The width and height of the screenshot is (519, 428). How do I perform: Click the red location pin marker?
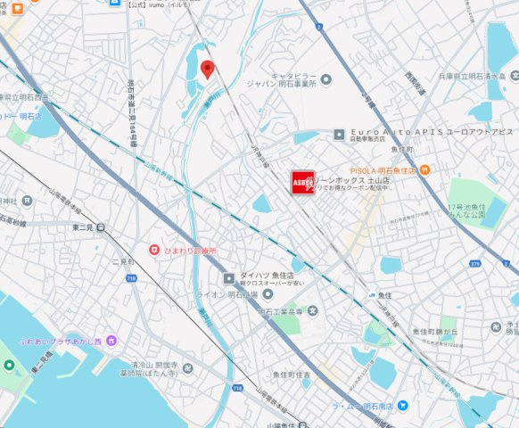[208, 70]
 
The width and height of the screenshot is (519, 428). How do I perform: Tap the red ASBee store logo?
[302, 182]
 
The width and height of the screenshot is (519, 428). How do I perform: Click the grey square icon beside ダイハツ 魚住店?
[229, 278]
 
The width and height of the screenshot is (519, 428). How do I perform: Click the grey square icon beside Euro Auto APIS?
[339, 136]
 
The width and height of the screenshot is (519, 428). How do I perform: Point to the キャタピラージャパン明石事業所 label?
[294, 80]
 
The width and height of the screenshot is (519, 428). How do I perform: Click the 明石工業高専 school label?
[280, 311]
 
